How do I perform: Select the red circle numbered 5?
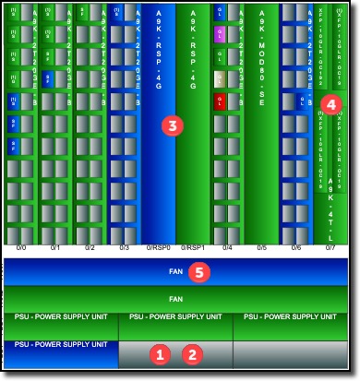[196, 272]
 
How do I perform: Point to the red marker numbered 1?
[162, 352]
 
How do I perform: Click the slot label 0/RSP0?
[159, 248]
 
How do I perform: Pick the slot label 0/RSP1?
[194, 248]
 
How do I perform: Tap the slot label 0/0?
[20, 248]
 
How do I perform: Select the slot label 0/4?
[228, 248]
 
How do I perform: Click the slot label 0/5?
[262, 248]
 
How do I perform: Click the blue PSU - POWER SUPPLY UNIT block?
[61, 351]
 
